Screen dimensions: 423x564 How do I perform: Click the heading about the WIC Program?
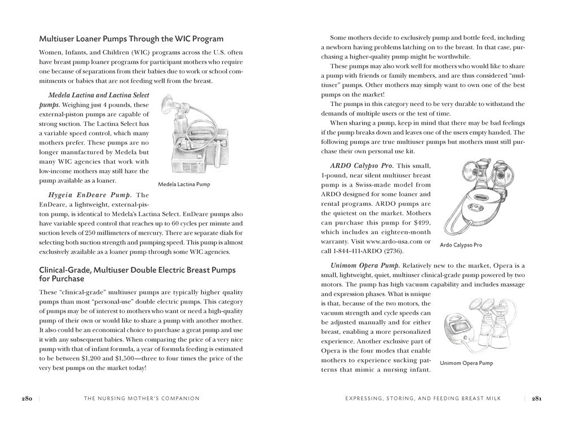coord(131,39)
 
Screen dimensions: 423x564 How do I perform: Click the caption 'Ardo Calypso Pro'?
coord(461,245)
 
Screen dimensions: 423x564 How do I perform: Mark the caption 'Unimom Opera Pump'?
coord(466,364)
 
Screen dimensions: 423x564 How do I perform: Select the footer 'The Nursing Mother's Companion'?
coord(142,398)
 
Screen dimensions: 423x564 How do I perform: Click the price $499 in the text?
coord(420,221)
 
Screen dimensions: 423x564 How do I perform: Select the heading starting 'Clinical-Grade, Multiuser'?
coord(137,275)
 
